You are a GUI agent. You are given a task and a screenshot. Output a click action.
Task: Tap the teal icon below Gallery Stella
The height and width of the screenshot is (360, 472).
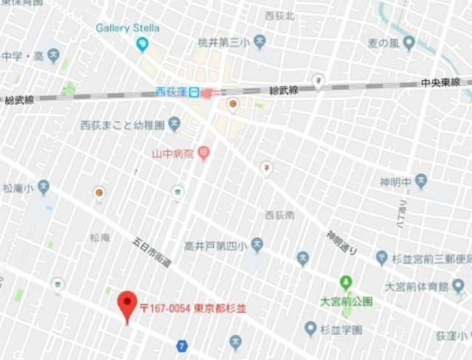(142, 44)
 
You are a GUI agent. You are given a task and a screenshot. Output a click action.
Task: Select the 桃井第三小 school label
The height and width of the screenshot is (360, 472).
(222, 41)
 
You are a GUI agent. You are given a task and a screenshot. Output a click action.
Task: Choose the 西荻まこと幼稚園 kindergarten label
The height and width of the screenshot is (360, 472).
(122, 125)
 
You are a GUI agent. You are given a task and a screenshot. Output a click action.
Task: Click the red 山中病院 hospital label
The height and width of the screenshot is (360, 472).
(172, 154)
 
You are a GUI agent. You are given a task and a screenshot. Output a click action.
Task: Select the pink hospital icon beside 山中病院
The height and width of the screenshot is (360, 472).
(204, 153)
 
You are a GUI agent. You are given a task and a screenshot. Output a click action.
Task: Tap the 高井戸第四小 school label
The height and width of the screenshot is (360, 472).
(215, 244)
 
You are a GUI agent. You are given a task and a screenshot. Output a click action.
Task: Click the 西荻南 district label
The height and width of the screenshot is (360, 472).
(280, 215)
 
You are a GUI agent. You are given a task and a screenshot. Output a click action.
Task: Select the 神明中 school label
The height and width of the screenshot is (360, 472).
(395, 179)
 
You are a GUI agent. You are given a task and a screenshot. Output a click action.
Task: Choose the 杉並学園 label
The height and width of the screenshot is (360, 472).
(341, 330)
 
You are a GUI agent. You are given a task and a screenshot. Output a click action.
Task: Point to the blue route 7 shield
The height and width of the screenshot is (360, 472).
(181, 345)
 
